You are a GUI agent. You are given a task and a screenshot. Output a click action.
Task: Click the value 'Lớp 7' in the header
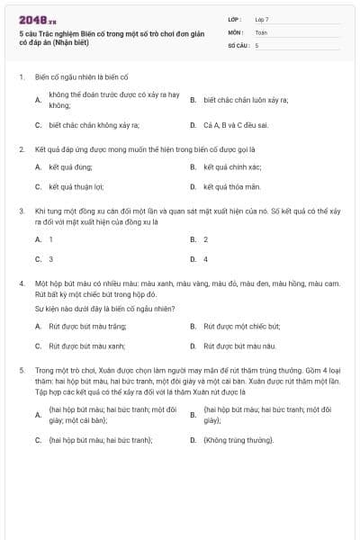[x=262, y=18]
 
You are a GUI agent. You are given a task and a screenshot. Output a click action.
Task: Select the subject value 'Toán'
[x=261, y=31]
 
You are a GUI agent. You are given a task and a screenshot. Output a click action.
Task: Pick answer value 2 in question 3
[x=206, y=239]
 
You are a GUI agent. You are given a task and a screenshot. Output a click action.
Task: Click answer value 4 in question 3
[x=206, y=259]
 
